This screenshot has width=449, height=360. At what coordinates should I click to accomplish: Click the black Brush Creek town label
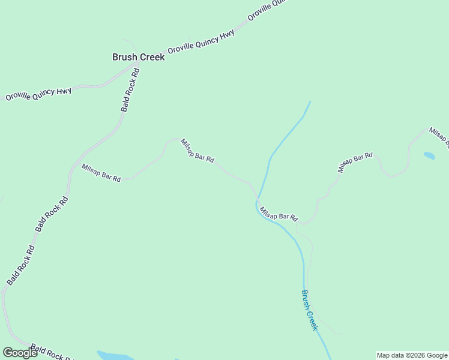[x=138, y=58]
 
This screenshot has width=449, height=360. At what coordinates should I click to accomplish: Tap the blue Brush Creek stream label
[x=309, y=310]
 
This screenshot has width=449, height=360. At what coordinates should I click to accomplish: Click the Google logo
[x=20, y=352]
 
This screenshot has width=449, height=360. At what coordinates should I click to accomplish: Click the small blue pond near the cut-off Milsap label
[x=429, y=156]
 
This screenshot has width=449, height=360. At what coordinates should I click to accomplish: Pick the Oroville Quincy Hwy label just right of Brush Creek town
[x=200, y=42]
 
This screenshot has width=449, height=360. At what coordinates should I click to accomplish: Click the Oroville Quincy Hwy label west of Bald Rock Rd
[x=38, y=94]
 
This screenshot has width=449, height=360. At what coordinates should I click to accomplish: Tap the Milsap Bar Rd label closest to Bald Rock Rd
[x=101, y=173]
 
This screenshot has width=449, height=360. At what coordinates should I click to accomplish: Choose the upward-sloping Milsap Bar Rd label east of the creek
[x=355, y=163]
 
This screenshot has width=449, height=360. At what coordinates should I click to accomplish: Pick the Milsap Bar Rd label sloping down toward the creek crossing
[x=197, y=151]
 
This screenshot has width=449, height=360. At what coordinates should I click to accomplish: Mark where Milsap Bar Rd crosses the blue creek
[x=257, y=199]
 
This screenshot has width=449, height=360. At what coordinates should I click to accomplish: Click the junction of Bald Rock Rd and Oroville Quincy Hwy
[x=133, y=65]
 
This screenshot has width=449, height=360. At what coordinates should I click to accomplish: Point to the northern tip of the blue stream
[x=310, y=101]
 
